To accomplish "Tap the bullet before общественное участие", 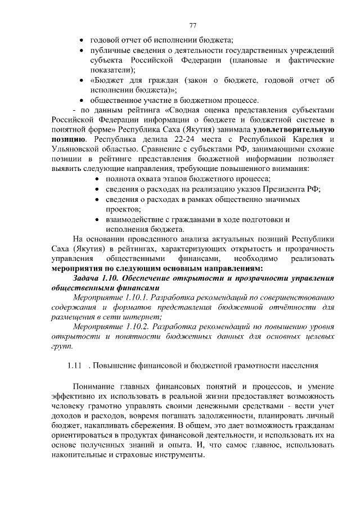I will coord(83,100).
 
